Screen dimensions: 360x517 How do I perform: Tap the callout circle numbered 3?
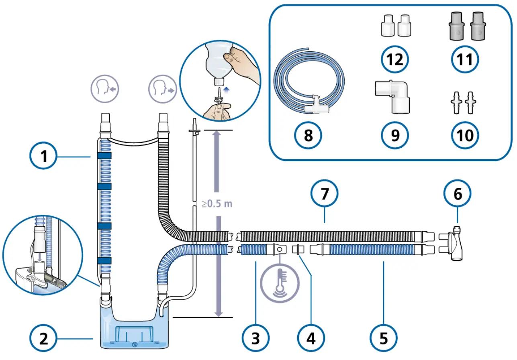(x=255, y=339)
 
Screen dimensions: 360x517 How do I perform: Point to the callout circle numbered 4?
(x=311, y=339)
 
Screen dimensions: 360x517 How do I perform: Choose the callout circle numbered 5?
(x=384, y=339)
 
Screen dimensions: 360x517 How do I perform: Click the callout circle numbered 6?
(x=458, y=194)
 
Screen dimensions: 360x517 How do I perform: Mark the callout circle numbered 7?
(x=325, y=194)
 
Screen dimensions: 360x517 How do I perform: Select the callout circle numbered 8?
(x=308, y=135)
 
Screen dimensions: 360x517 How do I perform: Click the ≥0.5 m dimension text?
(x=217, y=203)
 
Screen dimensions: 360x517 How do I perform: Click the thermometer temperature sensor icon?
(x=280, y=279)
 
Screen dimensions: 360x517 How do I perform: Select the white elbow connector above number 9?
(x=394, y=96)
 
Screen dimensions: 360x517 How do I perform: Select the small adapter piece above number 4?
(x=298, y=249)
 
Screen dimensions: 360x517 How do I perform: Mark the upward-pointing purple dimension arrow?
(x=217, y=161)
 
